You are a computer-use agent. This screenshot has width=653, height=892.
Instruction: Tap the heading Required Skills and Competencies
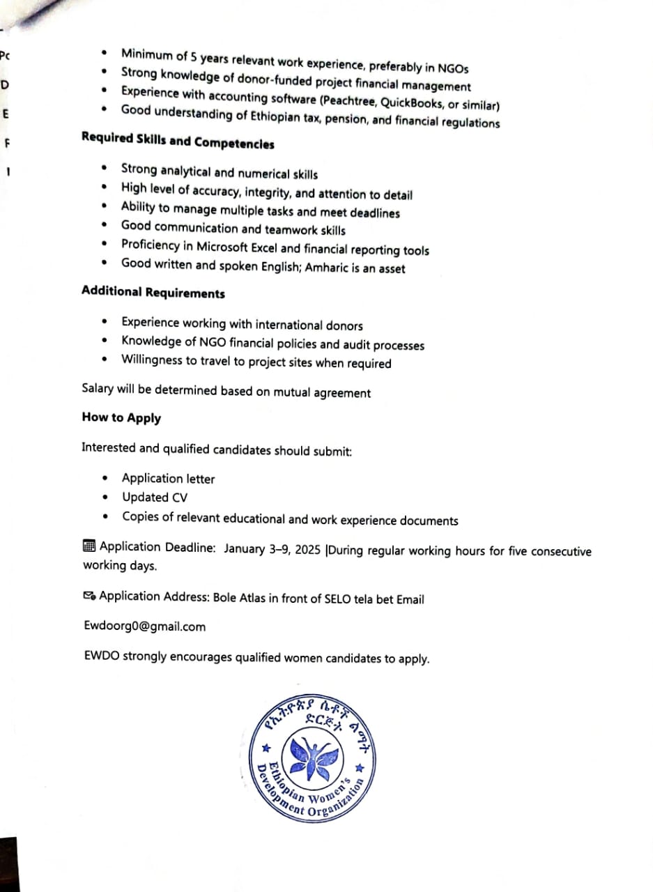click(x=178, y=141)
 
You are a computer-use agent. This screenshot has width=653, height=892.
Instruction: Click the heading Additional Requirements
click(x=153, y=293)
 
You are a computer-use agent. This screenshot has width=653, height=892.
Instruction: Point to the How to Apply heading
click(x=121, y=417)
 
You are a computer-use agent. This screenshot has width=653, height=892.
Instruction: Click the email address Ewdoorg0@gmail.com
click(x=144, y=626)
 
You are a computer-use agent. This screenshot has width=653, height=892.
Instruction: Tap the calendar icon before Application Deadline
click(x=89, y=546)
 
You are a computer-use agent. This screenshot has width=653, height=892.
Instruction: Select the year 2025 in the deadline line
click(x=307, y=549)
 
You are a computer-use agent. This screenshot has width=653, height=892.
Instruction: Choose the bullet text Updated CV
click(x=155, y=498)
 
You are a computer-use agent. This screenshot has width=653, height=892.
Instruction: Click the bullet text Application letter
click(x=168, y=479)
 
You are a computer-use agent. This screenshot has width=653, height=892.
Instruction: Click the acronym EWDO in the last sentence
click(x=101, y=656)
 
